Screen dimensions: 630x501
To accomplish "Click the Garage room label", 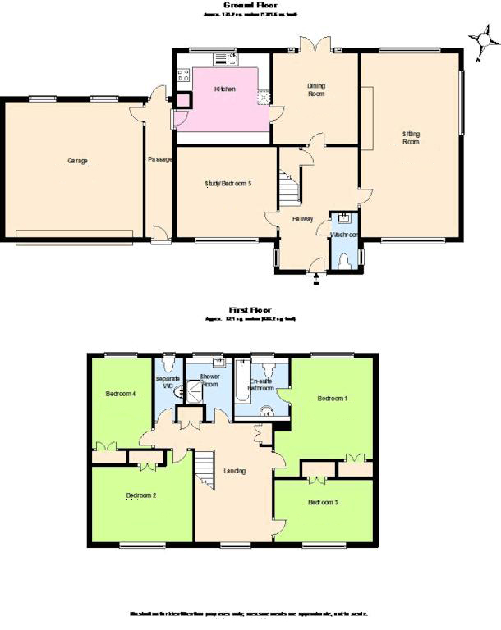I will [78, 161].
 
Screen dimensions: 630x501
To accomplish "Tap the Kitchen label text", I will [225, 89].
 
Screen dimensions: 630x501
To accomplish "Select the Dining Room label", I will [316, 89].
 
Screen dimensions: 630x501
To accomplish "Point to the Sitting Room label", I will [411, 137].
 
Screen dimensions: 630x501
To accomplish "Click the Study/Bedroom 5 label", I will [228, 184].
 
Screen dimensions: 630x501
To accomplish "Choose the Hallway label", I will [303, 218].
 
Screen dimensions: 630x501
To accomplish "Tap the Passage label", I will [159, 159].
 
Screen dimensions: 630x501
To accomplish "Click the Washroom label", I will [343, 235].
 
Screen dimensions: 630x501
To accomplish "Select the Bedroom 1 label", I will [333, 399].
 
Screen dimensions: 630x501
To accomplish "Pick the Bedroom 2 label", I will [141, 495].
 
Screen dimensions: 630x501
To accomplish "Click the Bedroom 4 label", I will [120, 394].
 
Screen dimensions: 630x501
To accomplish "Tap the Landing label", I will [235, 471].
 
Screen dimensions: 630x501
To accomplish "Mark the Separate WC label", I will [167, 381].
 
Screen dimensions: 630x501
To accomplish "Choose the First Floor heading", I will [250, 309].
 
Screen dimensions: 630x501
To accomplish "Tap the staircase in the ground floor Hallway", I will [288, 189].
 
